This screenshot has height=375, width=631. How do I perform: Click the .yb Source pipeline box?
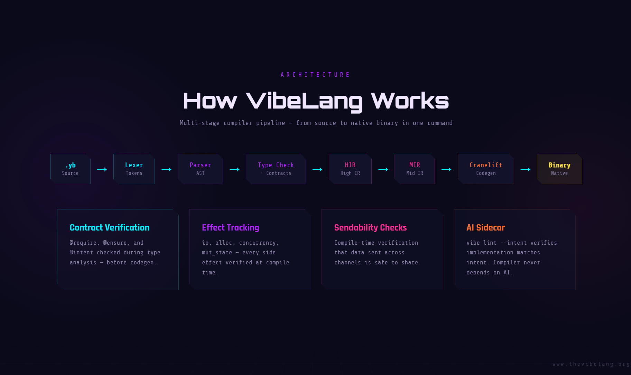coord(70,169)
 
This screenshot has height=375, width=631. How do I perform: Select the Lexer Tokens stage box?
coord(134,169)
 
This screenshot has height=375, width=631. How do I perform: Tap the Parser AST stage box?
coord(200,169)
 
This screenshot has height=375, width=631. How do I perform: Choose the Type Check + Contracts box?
coord(276,169)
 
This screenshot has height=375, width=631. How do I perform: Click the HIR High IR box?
coord(350,169)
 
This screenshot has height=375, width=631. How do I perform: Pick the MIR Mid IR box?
coord(415,169)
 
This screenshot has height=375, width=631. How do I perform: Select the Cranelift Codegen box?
coord(486,169)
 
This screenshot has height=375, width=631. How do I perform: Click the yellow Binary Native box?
coord(559,169)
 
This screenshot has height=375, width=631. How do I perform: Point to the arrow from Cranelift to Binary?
coord(525,169)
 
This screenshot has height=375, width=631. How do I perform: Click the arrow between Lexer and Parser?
coord(166,169)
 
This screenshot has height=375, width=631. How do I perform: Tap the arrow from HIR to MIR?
coord(383,169)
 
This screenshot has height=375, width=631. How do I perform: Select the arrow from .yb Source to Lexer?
coord(102,169)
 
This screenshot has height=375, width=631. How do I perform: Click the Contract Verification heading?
coord(110,227)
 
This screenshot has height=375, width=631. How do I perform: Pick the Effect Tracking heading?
coord(231,227)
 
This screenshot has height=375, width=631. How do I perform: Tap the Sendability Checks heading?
coord(370,227)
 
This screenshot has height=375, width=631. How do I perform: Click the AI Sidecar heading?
coord(485,227)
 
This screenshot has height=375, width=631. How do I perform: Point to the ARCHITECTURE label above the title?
coord(315,75)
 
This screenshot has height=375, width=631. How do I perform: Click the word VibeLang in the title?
coord(304,101)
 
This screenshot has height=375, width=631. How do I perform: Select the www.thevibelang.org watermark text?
coord(591,364)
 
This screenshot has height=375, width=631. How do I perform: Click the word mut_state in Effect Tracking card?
coord(217,253)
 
